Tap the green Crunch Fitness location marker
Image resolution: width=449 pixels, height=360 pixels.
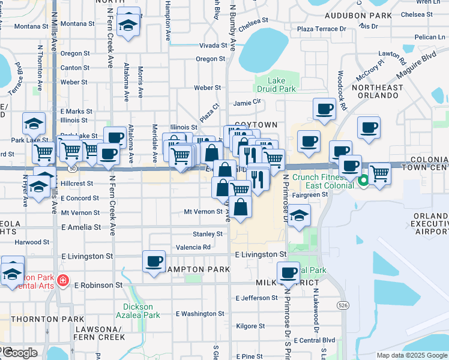pos(363,180)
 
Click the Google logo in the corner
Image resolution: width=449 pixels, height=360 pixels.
pos(20,353)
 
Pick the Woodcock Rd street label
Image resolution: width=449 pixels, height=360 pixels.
pos(342,91)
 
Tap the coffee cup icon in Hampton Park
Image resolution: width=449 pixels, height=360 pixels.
pos(154,262)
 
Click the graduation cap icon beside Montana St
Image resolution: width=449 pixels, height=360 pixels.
pos(128,25)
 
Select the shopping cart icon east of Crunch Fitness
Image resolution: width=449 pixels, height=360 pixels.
pos(379,173)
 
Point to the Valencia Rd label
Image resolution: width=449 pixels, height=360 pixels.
pos(193,247)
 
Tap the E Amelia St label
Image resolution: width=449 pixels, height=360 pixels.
pos(81,227)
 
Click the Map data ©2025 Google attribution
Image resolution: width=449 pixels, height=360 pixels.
pos(411,355)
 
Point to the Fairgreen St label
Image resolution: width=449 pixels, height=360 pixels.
pos(309,194)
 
